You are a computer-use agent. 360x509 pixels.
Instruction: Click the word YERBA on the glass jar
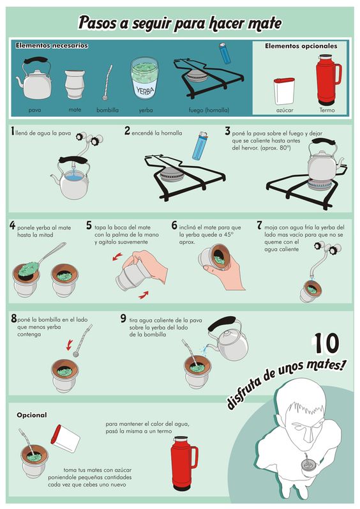(x=145, y=90)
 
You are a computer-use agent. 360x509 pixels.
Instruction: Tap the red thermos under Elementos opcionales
(x=328, y=80)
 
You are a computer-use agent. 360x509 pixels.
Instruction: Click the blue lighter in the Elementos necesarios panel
(x=225, y=53)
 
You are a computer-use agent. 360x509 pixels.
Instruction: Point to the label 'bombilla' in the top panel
(x=107, y=110)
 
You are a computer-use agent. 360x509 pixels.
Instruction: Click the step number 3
(x=228, y=131)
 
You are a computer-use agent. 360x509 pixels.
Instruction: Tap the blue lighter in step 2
(x=200, y=146)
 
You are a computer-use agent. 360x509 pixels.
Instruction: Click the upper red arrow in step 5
(x=117, y=257)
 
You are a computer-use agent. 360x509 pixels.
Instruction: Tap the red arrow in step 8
(x=69, y=345)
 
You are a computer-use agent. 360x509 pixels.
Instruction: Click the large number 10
(x=327, y=343)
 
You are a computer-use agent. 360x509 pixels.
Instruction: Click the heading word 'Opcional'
(x=32, y=415)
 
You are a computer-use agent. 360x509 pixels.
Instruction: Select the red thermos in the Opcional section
(x=184, y=463)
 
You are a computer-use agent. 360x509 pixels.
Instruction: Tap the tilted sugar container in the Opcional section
(x=65, y=438)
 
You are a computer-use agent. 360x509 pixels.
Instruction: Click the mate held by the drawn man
(x=306, y=465)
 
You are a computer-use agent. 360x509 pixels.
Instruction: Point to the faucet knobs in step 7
(x=327, y=248)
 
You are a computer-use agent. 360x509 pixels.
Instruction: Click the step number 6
(x=174, y=225)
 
